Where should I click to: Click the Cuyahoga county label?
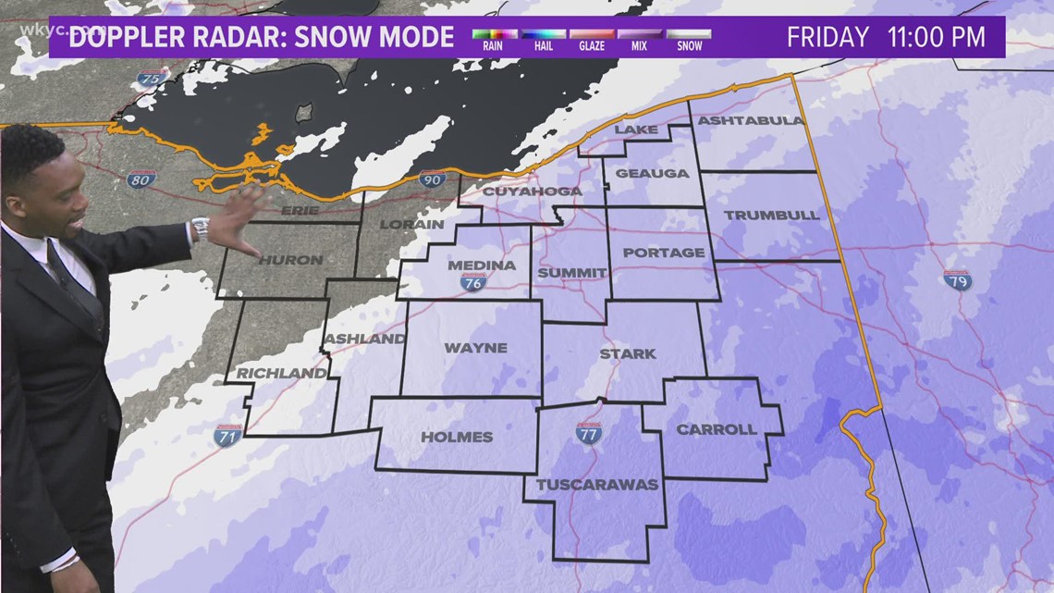click(x=532, y=191)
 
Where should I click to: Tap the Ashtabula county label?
click(x=751, y=121)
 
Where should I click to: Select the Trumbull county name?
click(x=771, y=215)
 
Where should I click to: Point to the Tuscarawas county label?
click(x=597, y=484)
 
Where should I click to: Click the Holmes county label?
click(x=457, y=437)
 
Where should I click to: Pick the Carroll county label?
click(x=716, y=429)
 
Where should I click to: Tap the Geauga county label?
click(x=652, y=173)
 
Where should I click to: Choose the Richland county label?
click(x=281, y=374)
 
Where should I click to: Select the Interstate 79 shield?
click(x=957, y=279)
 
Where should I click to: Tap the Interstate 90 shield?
click(x=432, y=179)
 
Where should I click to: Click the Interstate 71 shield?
click(x=227, y=437)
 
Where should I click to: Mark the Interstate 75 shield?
click(x=153, y=79)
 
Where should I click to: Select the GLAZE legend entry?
click(x=592, y=39)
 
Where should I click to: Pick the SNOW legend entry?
click(x=689, y=39)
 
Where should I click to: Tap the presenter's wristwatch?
click(x=200, y=228)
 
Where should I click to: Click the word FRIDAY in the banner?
click(x=827, y=38)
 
